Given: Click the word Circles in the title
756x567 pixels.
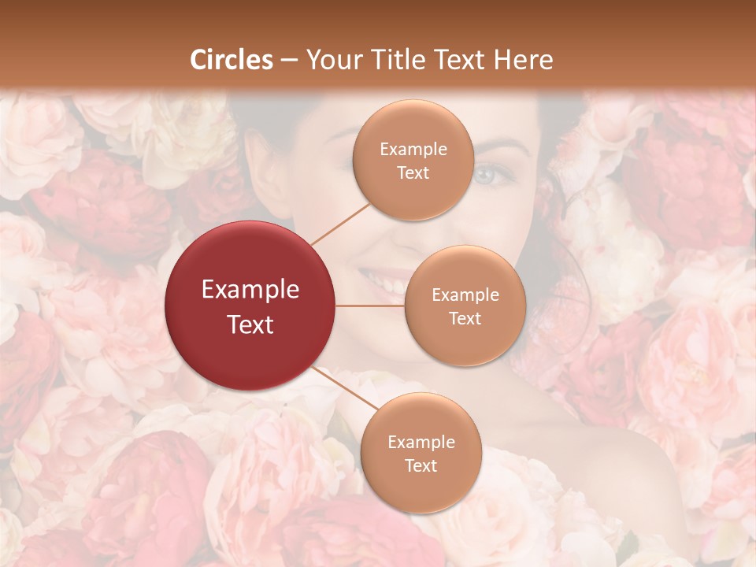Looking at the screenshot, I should point(232,60).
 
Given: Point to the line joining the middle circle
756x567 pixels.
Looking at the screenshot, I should point(370,306).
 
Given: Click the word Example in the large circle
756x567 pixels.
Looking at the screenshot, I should point(250,290).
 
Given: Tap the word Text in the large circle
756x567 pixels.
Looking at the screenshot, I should point(250,324).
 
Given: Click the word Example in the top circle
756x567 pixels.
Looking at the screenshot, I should point(413,149).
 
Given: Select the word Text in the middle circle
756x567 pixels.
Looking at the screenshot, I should point(465,318).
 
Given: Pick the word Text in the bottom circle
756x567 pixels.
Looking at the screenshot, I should point(421,465).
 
